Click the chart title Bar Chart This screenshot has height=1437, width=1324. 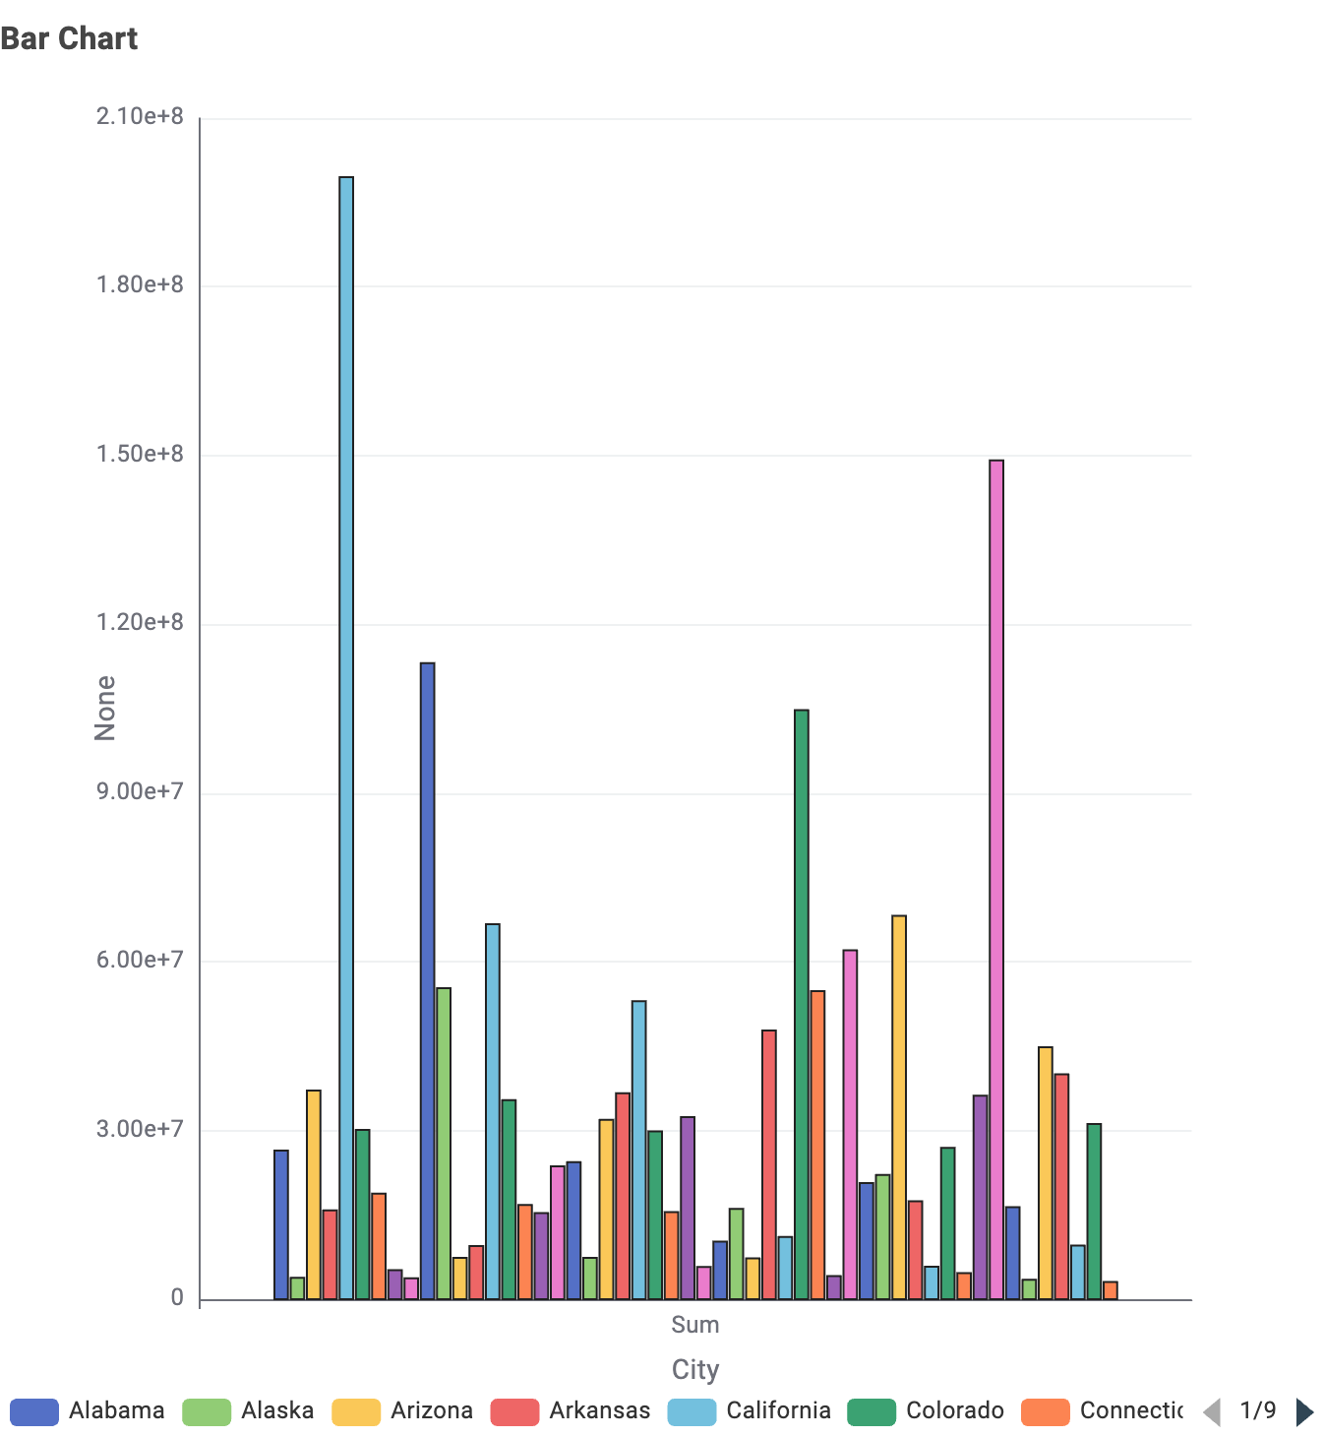coord(69,38)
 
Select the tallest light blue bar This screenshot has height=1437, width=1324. coord(346,738)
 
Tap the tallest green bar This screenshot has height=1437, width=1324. coord(802,1004)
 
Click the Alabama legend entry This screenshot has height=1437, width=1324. coord(88,1411)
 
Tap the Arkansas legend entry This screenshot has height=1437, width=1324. coord(571,1411)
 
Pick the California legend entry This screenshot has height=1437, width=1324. coord(750,1411)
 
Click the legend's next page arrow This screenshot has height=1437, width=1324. coord(1304,1411)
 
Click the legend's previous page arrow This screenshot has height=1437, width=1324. coord(1212,1411)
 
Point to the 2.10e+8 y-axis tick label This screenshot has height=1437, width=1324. coord(140,117)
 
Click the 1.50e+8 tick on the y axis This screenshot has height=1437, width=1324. coord(140,454)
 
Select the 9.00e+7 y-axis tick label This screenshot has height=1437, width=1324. coord(140,791)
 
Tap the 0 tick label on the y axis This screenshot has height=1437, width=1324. coord(177,1298)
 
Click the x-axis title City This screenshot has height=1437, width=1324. coord(695,1369)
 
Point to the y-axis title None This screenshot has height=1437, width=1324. coord(104,708)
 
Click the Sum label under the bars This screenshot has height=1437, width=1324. coord(695,1325)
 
